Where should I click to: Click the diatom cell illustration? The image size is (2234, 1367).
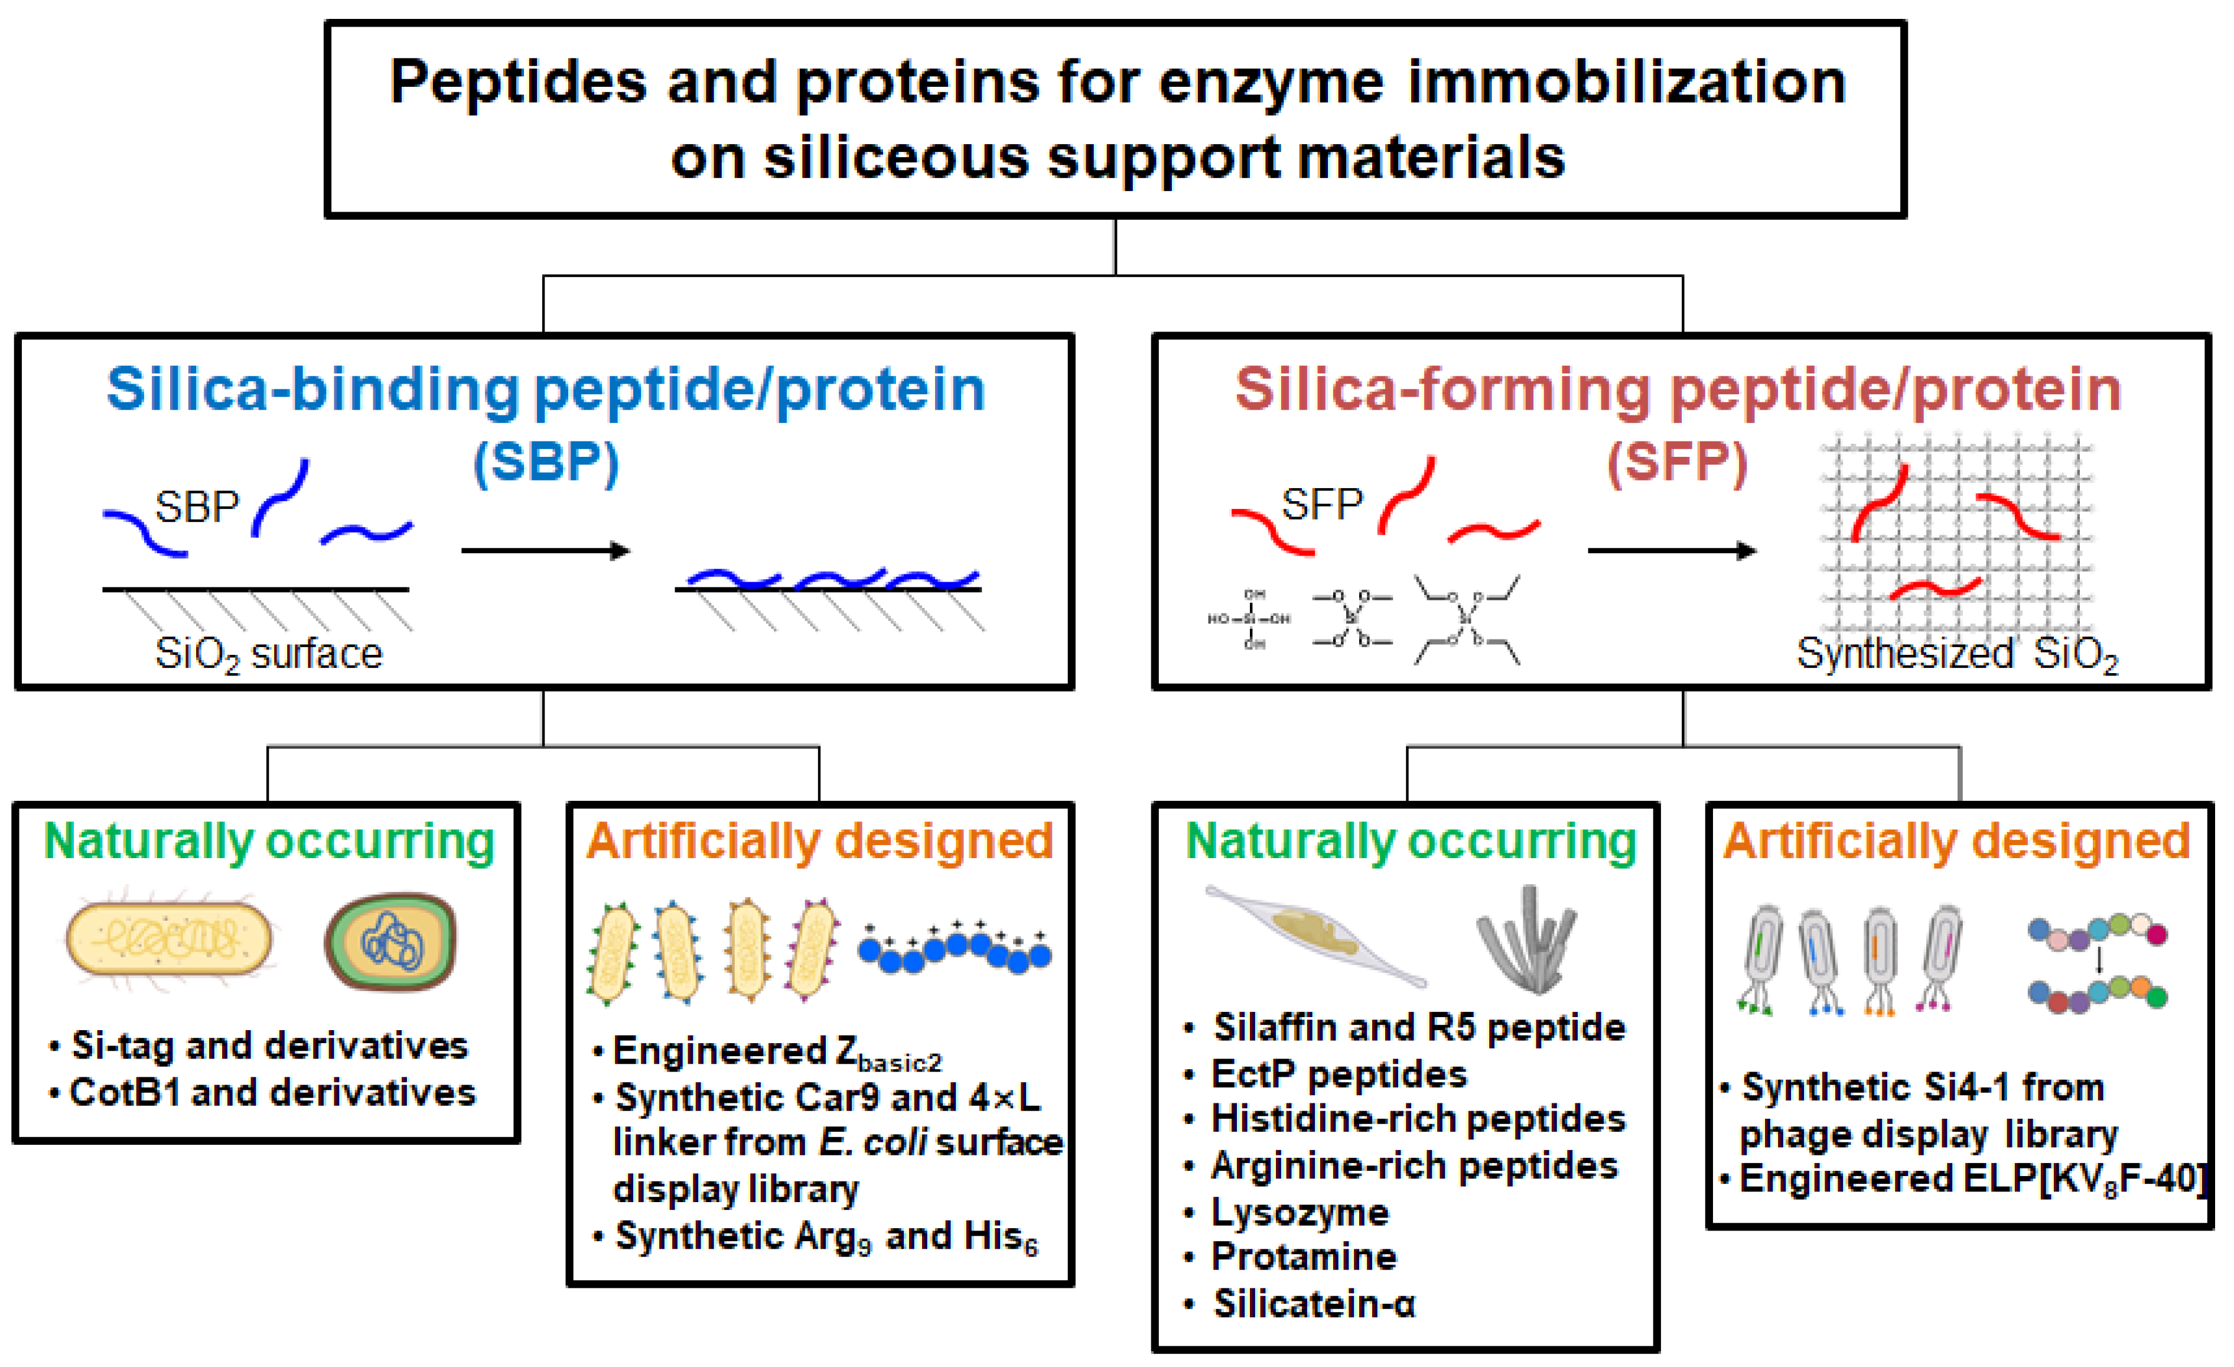click(1315, 934)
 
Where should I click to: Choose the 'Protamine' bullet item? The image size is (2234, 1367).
click(1304, 1257)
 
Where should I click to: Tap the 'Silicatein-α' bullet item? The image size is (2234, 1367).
click(1314, 1304)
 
